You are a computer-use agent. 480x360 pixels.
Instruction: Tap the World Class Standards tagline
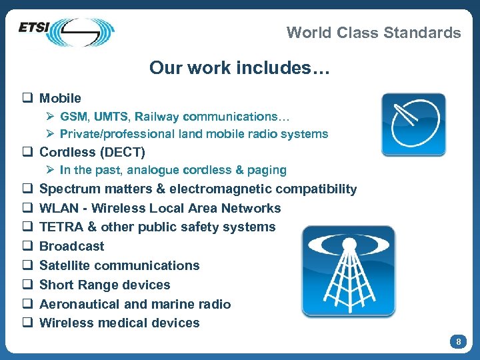coord(373,33)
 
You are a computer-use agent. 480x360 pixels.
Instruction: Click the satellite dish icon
coord(413,125)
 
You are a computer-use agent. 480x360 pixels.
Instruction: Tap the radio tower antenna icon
coord(348,271)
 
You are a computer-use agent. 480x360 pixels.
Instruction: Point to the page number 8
coord(458,342)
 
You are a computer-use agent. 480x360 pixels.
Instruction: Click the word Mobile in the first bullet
coord(60,98)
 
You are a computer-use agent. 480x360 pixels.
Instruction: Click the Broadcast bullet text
coord(72,246)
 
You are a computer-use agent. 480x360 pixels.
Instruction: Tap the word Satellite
coord(64,265)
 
